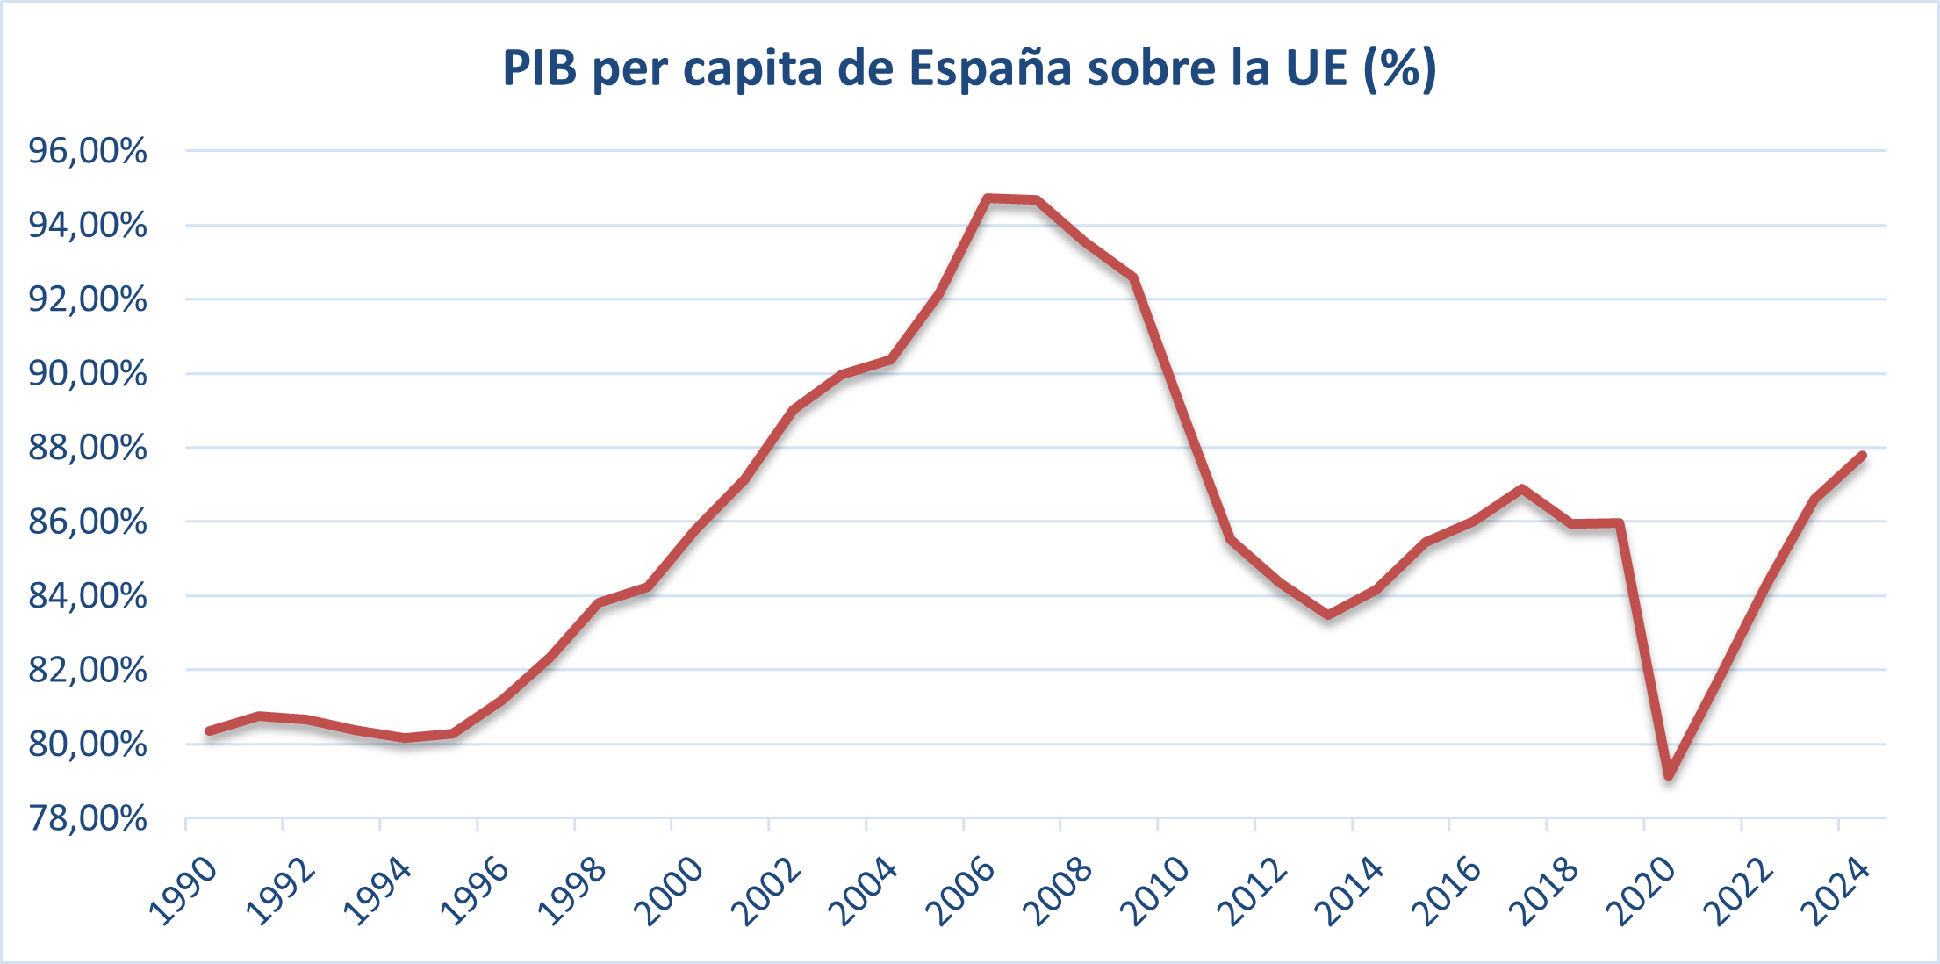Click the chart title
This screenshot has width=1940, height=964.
[969, 68]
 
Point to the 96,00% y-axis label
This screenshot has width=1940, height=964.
[88, 151]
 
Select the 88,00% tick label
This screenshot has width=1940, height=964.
[88, 448]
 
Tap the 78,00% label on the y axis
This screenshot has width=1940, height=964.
[88, 818]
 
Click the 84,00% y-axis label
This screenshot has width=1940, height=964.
[88, 596]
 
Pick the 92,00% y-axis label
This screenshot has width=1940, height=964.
[88, 299]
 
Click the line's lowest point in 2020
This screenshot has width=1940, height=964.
[1668, 776]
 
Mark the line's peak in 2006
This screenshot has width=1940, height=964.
[988, 198]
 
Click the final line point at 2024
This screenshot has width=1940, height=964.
[1862, 455]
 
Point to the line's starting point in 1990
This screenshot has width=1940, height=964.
[210, 730]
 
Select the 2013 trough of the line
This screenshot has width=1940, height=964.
[1328, 615]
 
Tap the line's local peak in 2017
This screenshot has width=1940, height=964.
[1521, 488]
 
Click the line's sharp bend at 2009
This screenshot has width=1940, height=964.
[1134, 277]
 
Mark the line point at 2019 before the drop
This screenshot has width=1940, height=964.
[1619, 523]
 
